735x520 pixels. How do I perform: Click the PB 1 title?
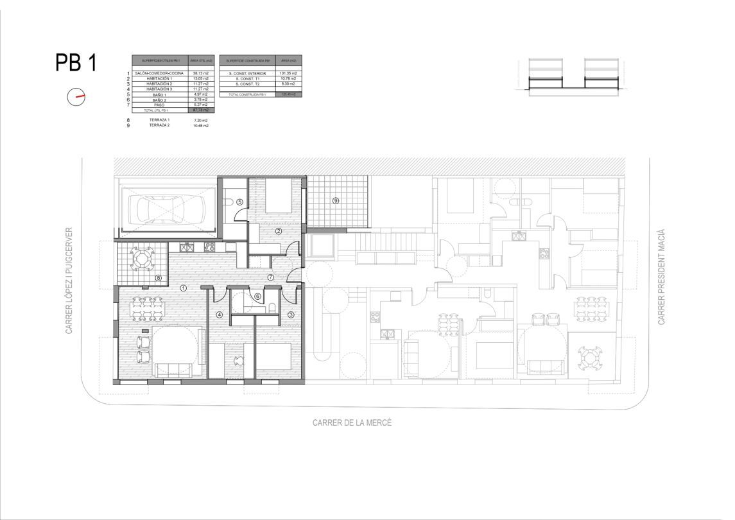point(76,63)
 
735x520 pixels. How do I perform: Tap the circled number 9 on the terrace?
point(336,201)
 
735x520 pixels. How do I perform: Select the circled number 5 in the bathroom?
point(239,202)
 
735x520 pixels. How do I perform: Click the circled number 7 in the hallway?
point(271,277)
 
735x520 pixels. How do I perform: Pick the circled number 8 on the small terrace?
point(159,278)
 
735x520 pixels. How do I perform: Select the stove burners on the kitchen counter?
point(209,246)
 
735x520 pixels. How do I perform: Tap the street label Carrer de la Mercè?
point(352,423)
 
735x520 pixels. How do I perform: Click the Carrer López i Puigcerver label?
point(69,280)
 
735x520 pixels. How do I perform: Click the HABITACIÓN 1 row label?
point(160,78)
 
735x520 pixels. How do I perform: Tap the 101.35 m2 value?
point(288,73)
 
